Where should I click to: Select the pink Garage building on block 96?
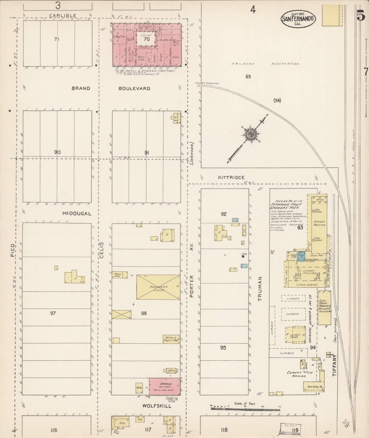point(164,386)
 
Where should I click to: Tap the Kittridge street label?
point(231,177)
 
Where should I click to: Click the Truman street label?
point(260,289)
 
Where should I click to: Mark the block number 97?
point(53,313)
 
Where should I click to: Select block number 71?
point(56,39)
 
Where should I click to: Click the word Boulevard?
point(134,88)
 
